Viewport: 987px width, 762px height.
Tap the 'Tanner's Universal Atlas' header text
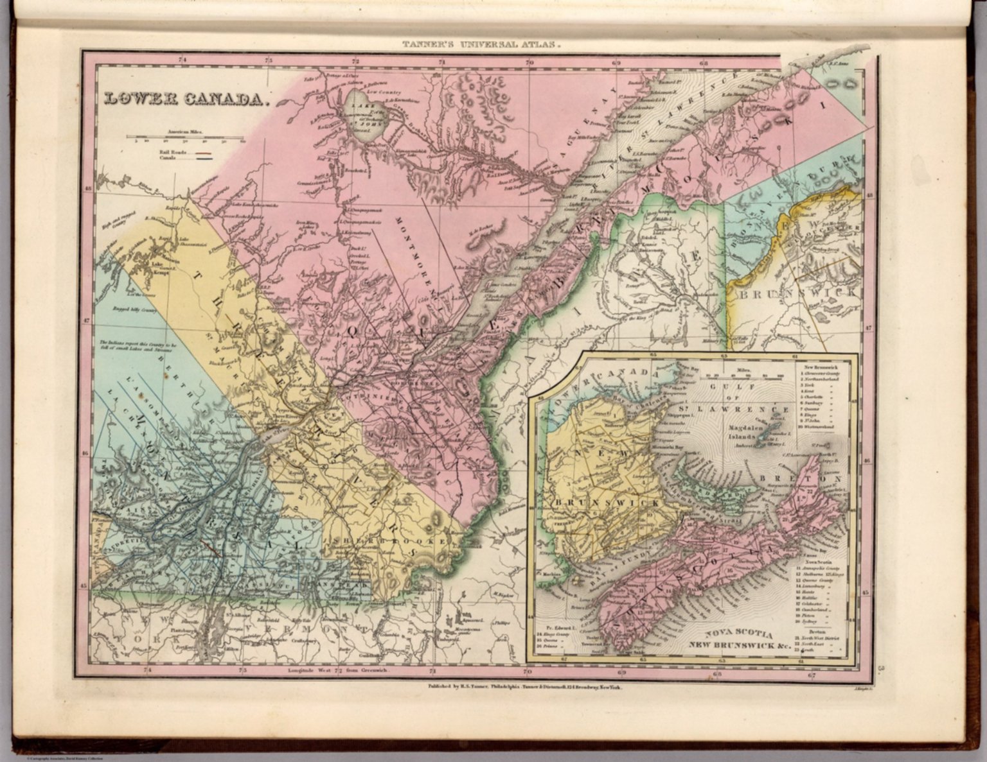[x=481, y=46]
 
